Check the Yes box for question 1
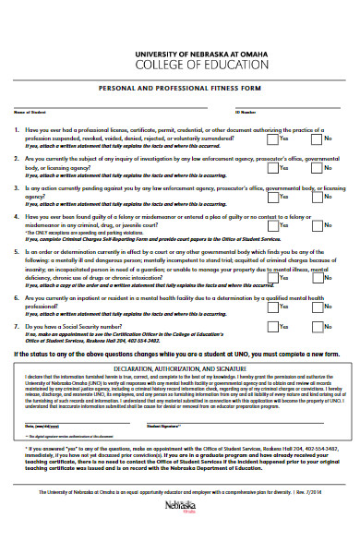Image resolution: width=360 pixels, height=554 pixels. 271,141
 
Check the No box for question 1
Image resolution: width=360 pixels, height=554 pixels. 317,141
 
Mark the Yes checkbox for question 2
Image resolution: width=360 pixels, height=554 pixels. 271,169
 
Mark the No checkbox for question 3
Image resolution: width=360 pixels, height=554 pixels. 317,196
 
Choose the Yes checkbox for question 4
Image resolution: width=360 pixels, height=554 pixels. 271,223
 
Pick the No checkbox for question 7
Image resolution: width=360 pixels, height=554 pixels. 317,327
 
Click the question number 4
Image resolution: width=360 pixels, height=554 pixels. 18,216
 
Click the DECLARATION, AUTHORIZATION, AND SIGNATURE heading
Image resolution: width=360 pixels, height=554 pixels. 180,368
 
